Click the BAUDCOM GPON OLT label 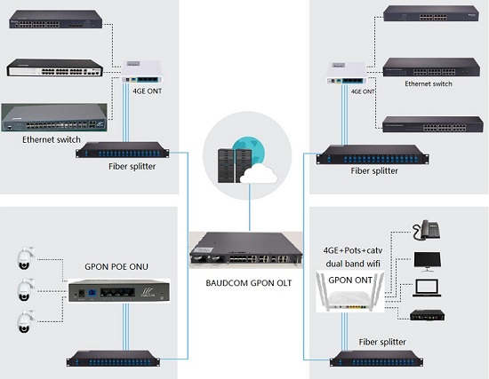point(249,283)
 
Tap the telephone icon point(426,230)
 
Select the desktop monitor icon point(428,262)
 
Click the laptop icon point(427,288)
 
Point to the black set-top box point(428,315)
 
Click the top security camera point(24,258)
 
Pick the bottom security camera point(24,321)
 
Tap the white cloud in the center point(259,174)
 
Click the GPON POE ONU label point(116,266)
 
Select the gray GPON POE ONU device point(119,291)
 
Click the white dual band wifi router point(350,292)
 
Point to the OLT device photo point(245,250)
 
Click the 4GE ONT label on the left point(148,91)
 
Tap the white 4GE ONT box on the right point(347,73)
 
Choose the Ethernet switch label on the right point(429,83)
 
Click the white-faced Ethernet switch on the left point(55,67)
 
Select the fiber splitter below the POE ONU point(113,359)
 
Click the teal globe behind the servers point(250,153)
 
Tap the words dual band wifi point(353,264)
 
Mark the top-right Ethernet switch point(430,13)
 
